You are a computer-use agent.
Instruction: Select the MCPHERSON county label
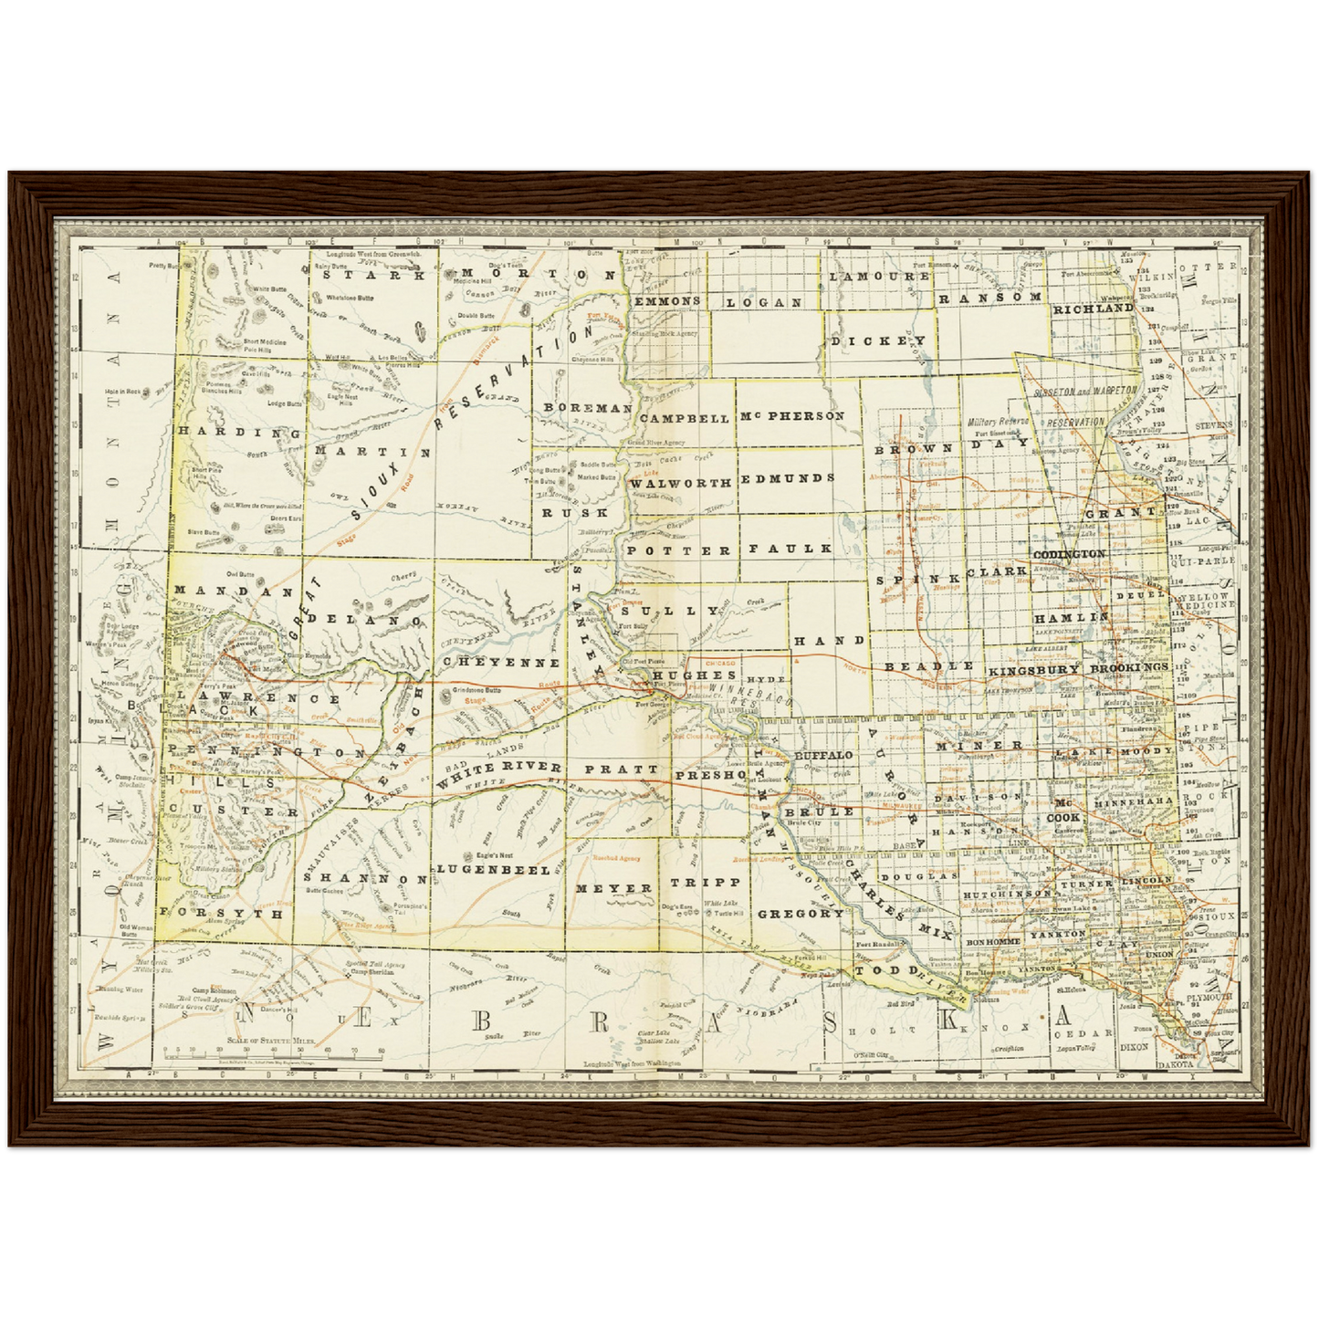point(792,416)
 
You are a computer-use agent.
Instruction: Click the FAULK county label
point(790,549)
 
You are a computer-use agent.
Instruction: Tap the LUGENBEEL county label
point(493,869)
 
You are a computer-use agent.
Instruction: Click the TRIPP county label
point(706,883)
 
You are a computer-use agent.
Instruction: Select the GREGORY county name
point(801,913)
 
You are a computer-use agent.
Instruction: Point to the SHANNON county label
point(365,879)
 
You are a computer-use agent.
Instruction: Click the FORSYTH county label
point(209,912)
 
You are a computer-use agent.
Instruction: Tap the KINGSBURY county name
point(1033,669)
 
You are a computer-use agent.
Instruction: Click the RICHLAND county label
point(1093,309)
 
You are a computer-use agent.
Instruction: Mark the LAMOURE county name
point(879,276)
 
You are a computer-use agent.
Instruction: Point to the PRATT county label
point(621,769)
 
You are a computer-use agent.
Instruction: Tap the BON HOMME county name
point(991,940)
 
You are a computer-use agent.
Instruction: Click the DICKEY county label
point(878,340)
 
